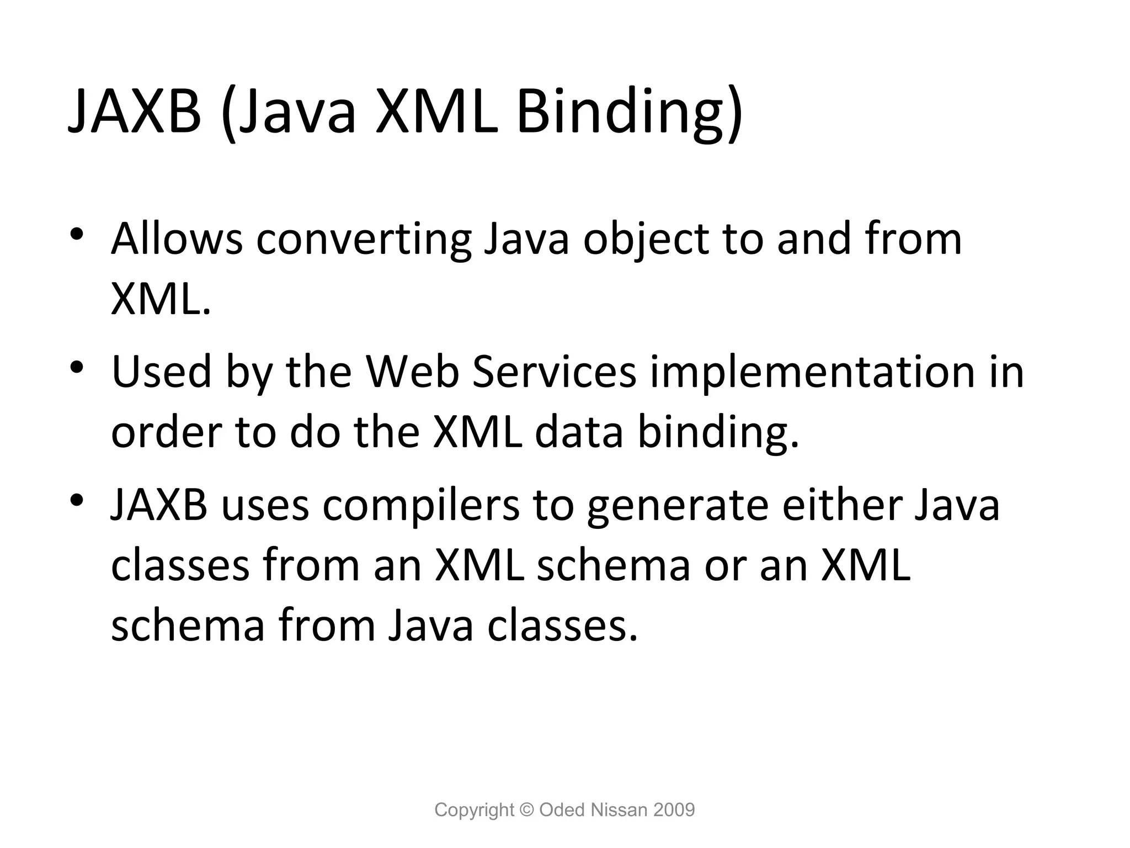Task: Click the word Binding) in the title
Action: (629, 113)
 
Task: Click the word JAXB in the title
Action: (134, 113)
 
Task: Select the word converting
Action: (364, 240)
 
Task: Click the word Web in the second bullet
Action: (412, 372)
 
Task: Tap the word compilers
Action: (421, 507)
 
